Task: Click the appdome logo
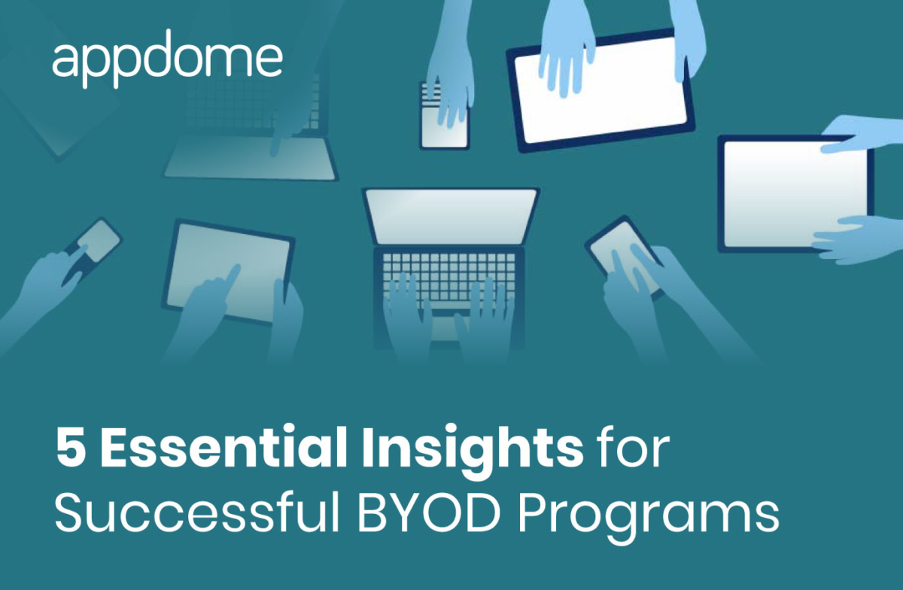click(x=167, y=59)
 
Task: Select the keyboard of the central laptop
click(x=449, y=275)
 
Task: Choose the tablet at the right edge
click(x=794, y=192)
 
